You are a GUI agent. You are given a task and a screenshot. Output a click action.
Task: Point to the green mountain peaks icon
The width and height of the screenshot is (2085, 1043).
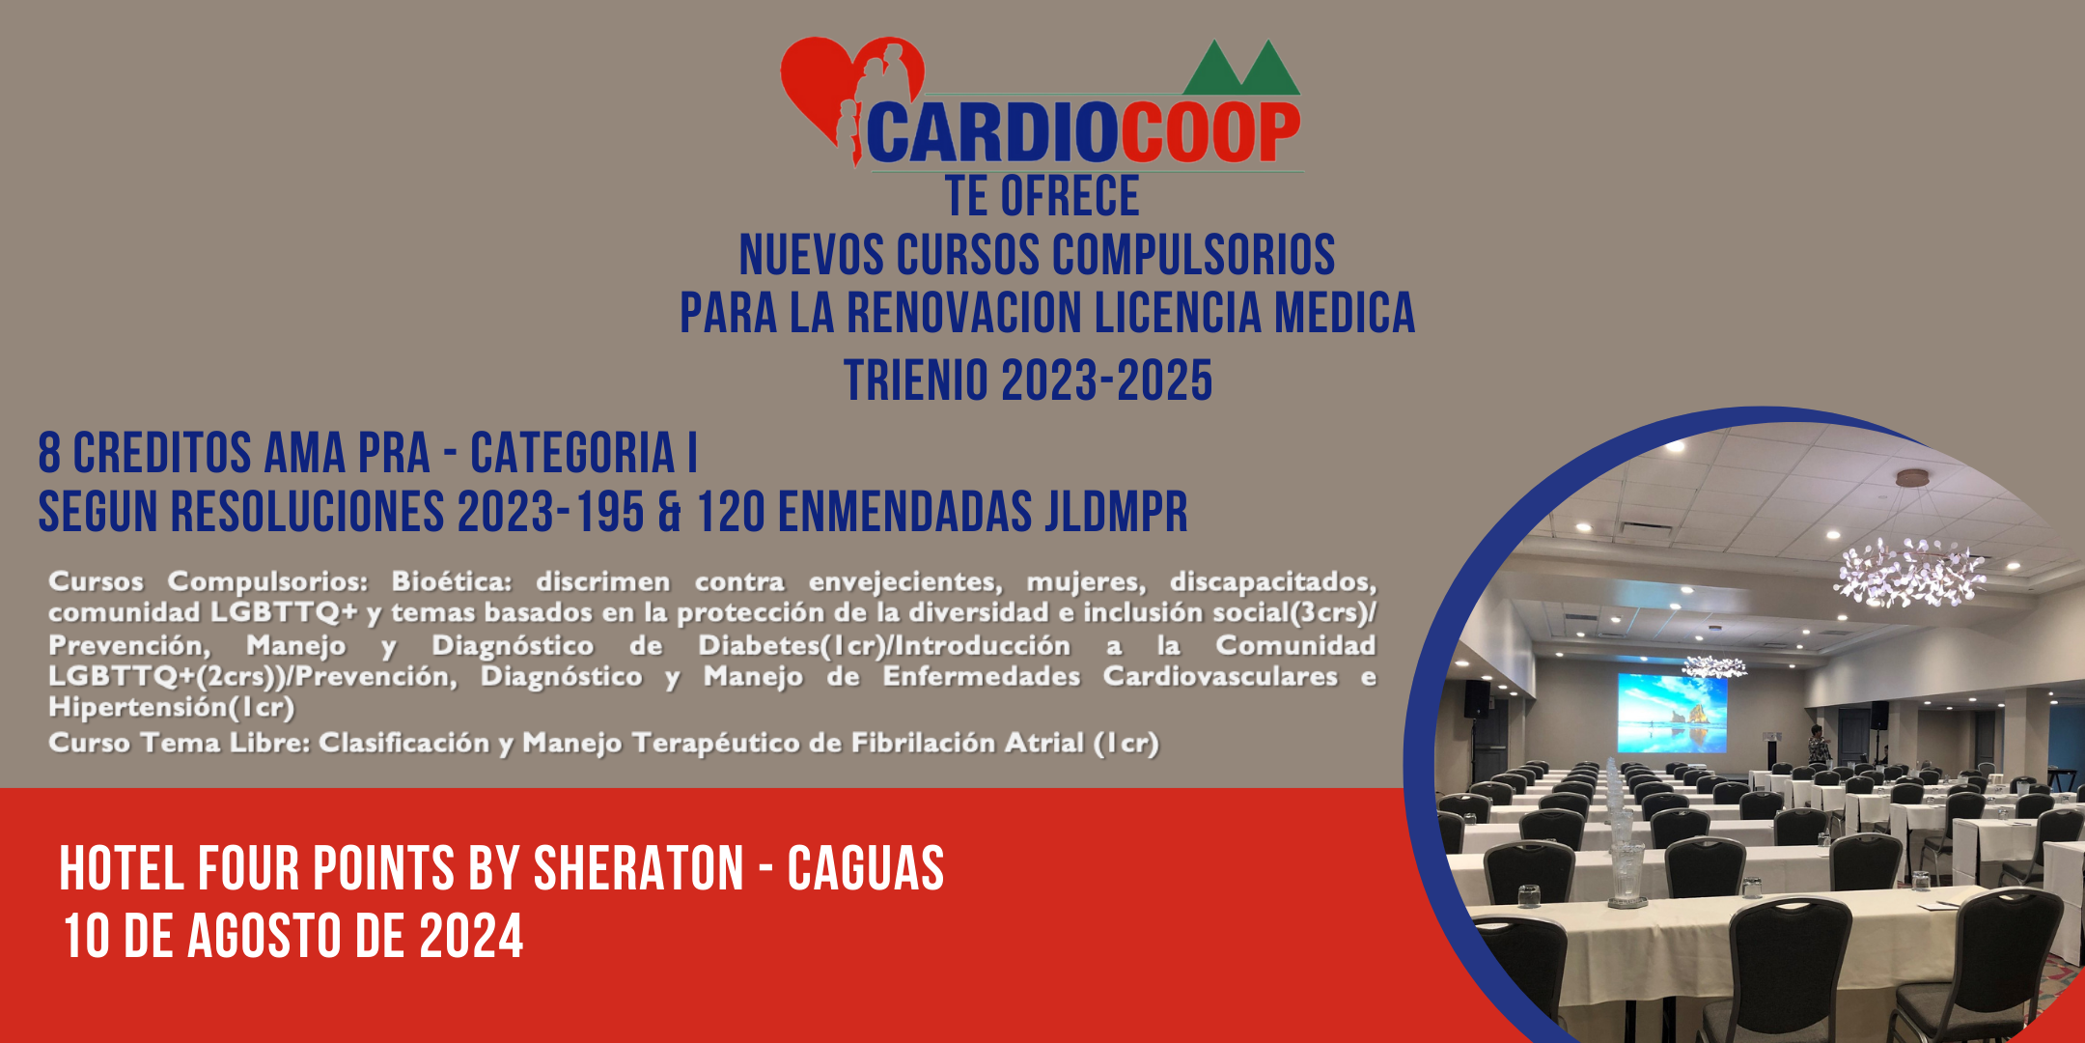[1241, 68]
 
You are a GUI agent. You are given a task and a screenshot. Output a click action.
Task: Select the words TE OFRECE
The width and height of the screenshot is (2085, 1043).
[1042, 196]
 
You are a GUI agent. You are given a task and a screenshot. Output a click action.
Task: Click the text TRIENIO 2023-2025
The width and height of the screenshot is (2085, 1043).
[1028, 380]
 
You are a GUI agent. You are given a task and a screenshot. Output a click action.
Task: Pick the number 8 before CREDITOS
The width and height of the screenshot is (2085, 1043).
[49, 453]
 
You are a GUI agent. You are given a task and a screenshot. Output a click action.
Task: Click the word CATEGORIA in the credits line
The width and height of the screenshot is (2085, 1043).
[572, 453]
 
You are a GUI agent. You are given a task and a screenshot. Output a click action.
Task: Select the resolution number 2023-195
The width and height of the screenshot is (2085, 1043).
[550, 512]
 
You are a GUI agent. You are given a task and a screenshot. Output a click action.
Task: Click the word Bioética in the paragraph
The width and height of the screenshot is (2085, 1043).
[451, 581]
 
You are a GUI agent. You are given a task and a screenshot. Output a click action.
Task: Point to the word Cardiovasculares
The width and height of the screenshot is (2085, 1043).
[1220, 676]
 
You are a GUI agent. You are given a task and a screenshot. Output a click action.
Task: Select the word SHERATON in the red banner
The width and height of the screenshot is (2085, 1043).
[639, 867]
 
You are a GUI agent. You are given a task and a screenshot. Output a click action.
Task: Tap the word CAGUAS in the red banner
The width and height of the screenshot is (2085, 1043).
[866, 867]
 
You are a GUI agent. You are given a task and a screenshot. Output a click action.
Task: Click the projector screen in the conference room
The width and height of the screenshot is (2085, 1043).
[1672, 713]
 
